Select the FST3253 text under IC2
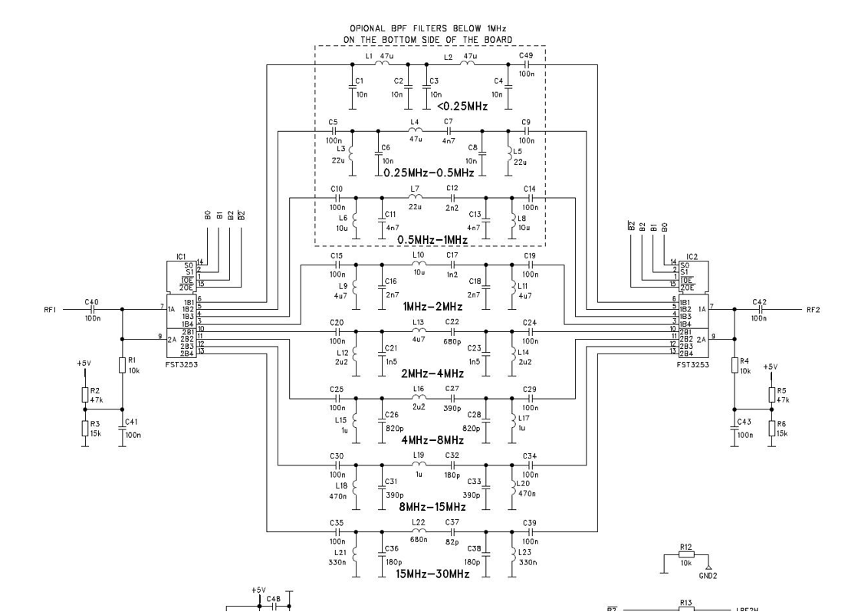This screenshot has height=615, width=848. (692, 365)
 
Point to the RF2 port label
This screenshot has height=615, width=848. (813, 311)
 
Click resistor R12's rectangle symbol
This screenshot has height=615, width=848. (685, 554)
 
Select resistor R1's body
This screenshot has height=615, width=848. (122, 364)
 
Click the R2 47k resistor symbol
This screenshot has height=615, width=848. (85, 393)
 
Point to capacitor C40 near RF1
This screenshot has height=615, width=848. (92, 311)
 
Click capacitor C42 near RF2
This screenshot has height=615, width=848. (759, 311)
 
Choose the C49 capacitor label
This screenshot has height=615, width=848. (526, 55)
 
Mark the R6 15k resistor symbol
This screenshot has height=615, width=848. (771, 429)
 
